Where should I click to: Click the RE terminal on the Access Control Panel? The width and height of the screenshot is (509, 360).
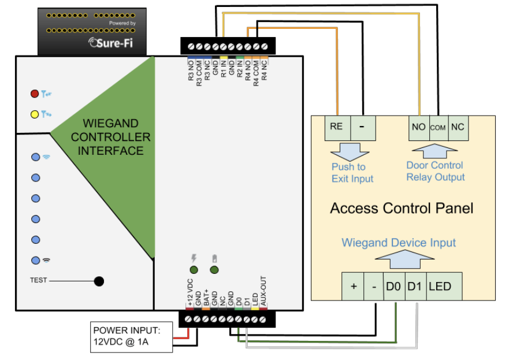[x=337, y=128]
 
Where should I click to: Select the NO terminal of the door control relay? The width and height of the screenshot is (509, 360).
[x=419, y=128]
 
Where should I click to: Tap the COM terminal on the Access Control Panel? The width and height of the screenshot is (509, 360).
[x=439, y=128]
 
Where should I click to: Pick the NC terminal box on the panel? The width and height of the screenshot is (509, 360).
[x=458, y=128]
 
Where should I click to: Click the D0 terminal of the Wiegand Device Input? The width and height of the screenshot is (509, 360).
[x=394, y=286]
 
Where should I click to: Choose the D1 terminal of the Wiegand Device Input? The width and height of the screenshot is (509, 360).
[x=415, y=286]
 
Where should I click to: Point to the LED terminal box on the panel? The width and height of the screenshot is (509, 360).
[x=444, y=286]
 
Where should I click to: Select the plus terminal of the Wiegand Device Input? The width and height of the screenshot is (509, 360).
[x=352, y=286]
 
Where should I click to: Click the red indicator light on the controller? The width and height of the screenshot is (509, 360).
[x=35, y=94]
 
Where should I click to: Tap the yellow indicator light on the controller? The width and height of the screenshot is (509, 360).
[x=35, y=114]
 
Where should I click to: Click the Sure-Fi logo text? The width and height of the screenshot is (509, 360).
[x=111, y=43]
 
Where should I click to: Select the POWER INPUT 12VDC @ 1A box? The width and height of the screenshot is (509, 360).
[x=132, y=337]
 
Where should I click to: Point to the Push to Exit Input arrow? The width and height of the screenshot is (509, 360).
[x=350, y=152]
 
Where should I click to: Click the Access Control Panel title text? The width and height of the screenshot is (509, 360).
[x=402, y=208]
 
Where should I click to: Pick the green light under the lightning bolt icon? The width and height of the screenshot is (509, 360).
[x=194, y=270]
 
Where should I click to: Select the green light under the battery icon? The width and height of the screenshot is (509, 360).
[x=214, y=270]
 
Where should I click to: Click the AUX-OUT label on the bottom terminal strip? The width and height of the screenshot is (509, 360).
[x=263, y=291]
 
